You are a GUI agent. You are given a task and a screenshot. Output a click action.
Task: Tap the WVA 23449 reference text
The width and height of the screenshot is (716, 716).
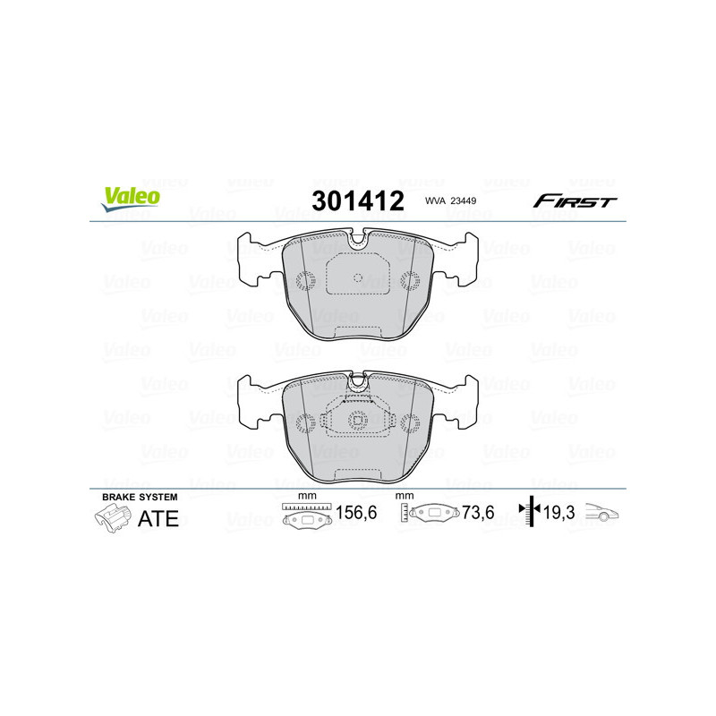449,202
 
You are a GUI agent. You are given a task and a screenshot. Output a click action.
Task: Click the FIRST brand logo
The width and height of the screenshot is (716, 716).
575,201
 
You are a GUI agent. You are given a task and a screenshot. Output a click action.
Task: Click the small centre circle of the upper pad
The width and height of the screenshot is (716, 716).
358,277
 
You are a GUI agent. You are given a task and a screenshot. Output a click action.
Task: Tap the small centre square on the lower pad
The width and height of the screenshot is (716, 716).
358,421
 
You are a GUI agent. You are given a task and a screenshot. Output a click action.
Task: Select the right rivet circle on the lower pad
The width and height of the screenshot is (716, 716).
411,423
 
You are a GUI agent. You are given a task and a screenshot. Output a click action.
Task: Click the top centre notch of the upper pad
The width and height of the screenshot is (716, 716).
358,239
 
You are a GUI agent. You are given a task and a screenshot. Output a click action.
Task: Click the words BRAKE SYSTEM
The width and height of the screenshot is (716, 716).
140,496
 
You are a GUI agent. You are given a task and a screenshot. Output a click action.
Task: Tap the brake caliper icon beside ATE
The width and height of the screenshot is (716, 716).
111,517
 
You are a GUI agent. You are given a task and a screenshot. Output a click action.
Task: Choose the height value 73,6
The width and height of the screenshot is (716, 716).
478,515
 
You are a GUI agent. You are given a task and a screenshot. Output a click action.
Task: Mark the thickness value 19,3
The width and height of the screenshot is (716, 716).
558,514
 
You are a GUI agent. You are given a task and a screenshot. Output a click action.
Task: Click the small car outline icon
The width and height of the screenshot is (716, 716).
603,514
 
